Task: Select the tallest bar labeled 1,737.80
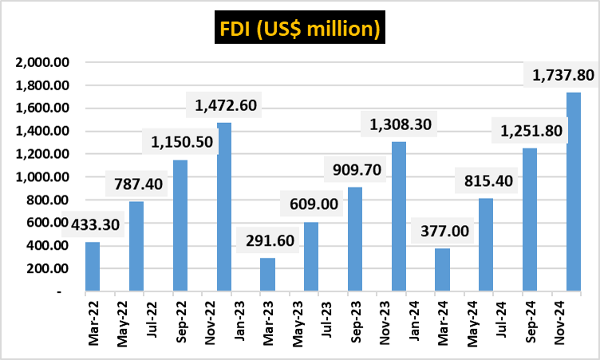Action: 573,192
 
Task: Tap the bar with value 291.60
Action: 268,274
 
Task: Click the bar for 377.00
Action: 442,269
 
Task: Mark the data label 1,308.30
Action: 399,125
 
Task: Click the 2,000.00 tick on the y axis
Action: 43,62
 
